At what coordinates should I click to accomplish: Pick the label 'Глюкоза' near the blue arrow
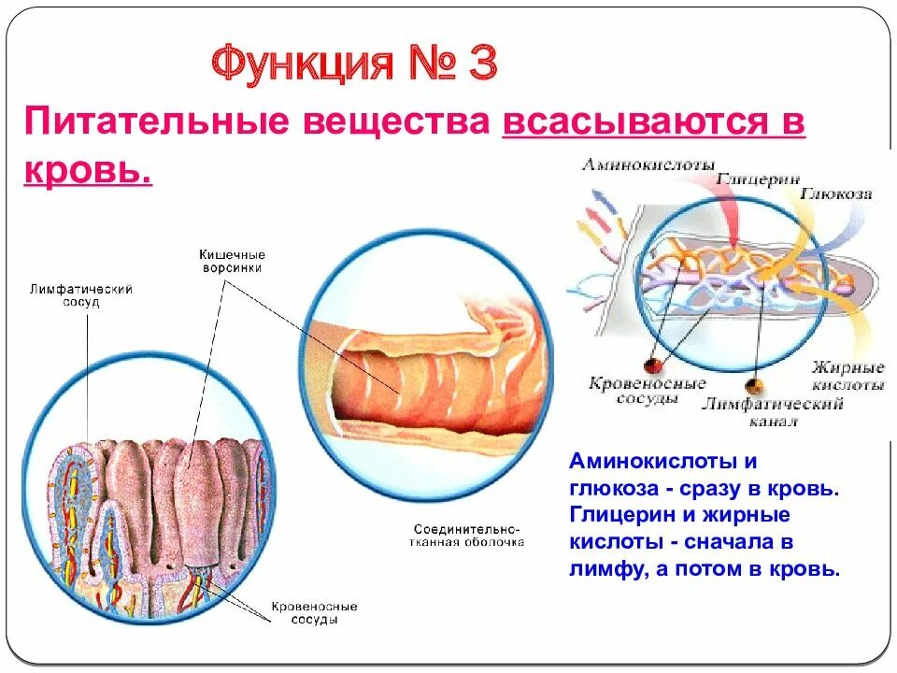[837, 194]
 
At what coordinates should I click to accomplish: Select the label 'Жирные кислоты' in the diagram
[847, 375]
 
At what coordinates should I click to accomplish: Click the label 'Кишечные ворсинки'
[232, 261]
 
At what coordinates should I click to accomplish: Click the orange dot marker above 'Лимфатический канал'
[750, 384]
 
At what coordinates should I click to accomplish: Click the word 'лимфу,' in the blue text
[606, 567]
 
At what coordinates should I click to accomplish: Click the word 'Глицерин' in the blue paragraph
[619, 515]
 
